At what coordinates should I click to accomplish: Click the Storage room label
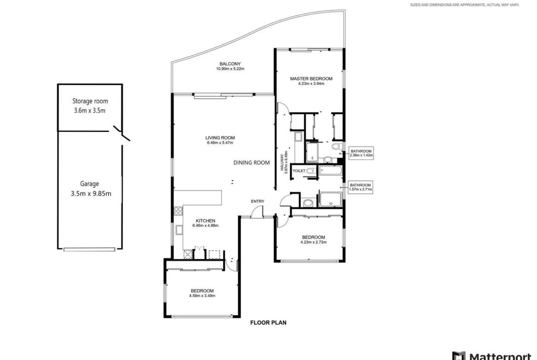(x=90, y=101)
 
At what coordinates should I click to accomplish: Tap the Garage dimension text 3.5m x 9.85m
(x=91, y=194)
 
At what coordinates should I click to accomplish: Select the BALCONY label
(x=230, y=64)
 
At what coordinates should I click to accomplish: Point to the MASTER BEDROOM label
(x=311, y=79)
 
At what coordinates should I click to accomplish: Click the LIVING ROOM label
(x=220, y=138)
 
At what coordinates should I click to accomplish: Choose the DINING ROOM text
(x=252, y=163)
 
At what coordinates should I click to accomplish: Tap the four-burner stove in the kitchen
(x=178, y=211)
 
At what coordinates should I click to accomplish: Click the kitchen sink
(x=179, y=230)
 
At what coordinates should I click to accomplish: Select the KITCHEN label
(x=206, y=221)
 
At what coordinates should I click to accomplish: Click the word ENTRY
(x=257, y=201)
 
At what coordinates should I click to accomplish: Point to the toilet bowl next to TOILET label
(x=311, y=171)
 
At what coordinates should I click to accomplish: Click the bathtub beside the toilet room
(x=330, y=171)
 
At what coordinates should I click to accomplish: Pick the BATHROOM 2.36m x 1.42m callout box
(x=361, y=153)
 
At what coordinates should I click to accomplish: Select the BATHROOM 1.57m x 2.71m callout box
(x=361, y=187)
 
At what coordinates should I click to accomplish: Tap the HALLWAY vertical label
(x=282, y=162)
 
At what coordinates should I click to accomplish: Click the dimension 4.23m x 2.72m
(x=313, y=242)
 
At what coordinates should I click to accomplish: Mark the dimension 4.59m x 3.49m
(x=202, y=296)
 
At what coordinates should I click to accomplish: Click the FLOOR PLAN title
(x=268, y=322)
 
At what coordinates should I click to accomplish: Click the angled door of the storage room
(x=122, y=133)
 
